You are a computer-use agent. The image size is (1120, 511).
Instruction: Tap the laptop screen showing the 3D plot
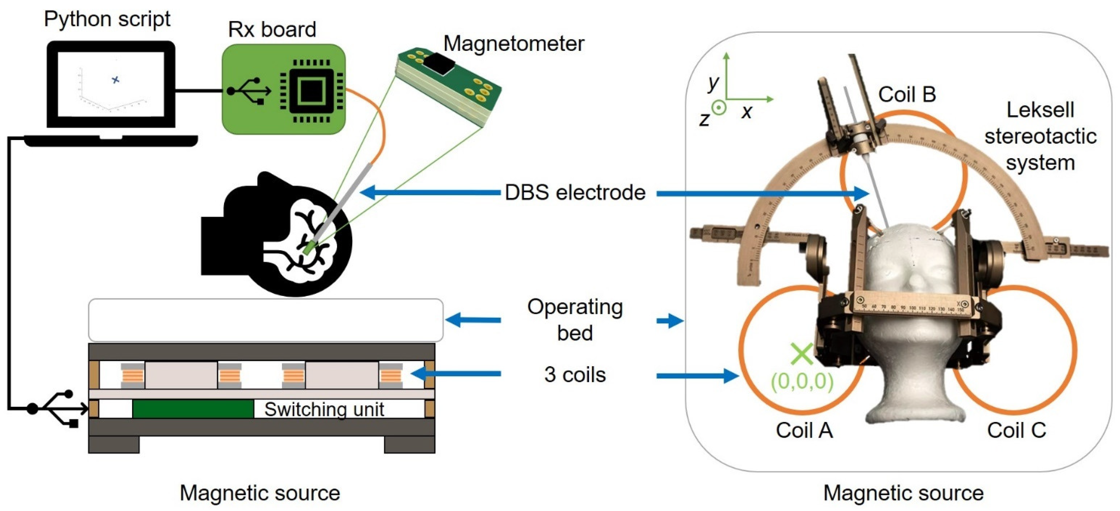pyautogui.click(x=111, y=83)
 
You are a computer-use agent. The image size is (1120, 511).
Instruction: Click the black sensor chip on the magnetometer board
pyautogui.click(x=439, y=64)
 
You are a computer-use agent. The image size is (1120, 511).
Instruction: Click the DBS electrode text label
pyautogui.click(x=575, y=193)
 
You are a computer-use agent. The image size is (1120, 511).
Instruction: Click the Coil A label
pyautogui.click(x=804, y=430)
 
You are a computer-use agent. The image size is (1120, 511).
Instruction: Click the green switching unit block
pyautogui.click(x=193, y=409)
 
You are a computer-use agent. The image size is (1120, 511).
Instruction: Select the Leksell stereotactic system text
pyautogui.click(x=1040, y=136)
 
